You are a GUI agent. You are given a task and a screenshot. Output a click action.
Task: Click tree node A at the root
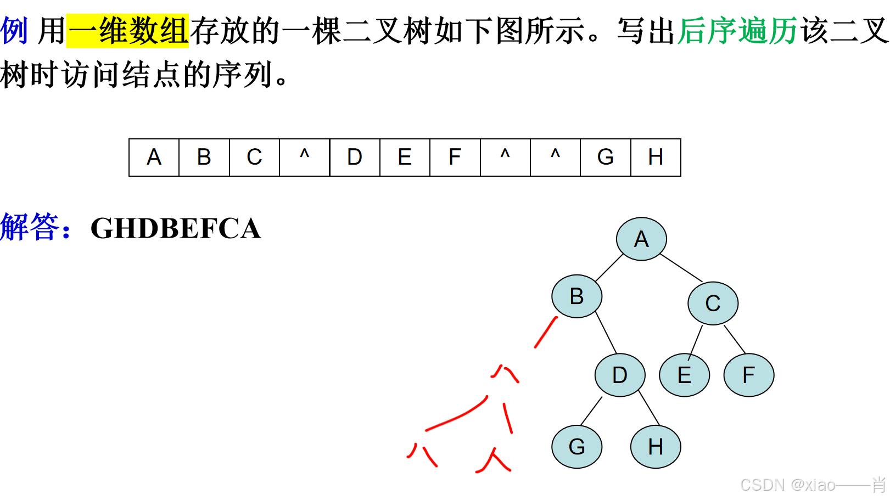[x=641, y=239]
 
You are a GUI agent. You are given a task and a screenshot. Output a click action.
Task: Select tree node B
[x=576, y=296]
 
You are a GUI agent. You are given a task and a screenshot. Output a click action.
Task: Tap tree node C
[x=713, y=303]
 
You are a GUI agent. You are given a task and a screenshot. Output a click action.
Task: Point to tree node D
[x=620, y=375]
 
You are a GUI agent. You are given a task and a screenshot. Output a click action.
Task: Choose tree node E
[x=684, y=375]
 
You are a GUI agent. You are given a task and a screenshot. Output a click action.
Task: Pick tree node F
[x=748, y=375]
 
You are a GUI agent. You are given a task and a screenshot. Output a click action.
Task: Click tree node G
[x=576, y=446]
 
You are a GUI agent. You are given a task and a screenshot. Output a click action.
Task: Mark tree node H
[x=656, y=446]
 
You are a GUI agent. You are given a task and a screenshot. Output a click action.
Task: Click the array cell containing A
[x=154, y=158]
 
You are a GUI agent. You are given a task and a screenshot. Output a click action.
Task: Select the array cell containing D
[x=355, y=158]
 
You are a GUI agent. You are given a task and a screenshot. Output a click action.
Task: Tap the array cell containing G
[x=605, y=158]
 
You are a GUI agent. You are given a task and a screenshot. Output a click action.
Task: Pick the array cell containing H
[x=656, y=158]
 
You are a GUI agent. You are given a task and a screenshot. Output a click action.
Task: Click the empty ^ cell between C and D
[x=304, y=158]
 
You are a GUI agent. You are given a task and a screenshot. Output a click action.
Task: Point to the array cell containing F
[x=455, y=158]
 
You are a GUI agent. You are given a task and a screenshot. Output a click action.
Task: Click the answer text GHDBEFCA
[x=176, y=228]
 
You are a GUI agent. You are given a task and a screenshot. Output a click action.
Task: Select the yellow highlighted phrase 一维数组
[x=127, y=31]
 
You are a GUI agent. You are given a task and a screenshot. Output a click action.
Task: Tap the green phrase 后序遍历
[x=737, y=31]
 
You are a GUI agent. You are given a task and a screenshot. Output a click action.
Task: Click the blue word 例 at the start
[x=14, y=31]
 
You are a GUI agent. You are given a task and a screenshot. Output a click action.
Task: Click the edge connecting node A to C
[x=681, y=268]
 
